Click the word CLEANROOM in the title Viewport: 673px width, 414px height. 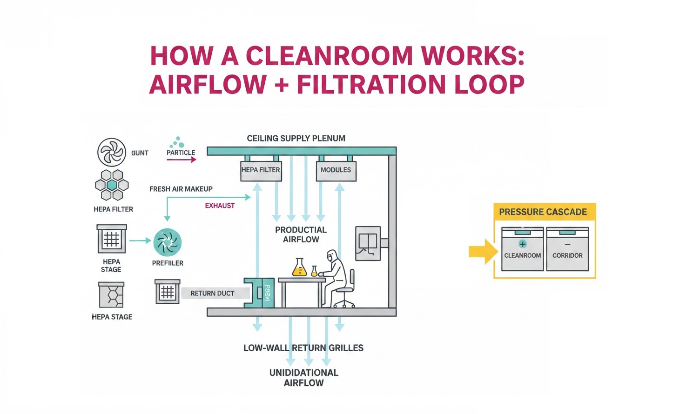pyautogui.click(x=329, y=56)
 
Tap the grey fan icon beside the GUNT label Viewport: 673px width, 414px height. pyautogui.click(x=112, y=152)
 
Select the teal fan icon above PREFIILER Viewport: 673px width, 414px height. pyautogui.click(x=168, y=242)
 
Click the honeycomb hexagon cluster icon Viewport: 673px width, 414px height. pyautogui.click(x=112, y=185)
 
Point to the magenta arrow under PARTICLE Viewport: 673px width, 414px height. pyautogui.click(x=182, y=160)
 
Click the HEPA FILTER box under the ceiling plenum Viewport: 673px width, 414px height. pyautogui.click(x=261, y=170)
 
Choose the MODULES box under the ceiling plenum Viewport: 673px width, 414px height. pyautogui.click(x=336, y=170)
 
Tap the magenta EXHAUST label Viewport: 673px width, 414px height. pyautogui.click(x=220, y=206)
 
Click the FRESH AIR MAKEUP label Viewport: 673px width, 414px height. pyautogui.click(x=181, y=189)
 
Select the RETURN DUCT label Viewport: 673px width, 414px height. pyautogui.click(x=212, y=293)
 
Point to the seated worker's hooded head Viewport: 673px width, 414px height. pyautogui.click(x=332, y=255)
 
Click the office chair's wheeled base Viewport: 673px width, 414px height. pyautogui.click(x=344, y=303)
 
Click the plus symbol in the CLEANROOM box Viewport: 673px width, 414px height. pyautogui.click(x=522, y=244)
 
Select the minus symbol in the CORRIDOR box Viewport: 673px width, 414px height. pyautogui.click(x=567, y=244)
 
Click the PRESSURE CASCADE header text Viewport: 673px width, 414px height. pyautogui.click(x=543, y=212)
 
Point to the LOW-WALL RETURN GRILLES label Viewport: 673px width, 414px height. pyautogui.click(x=303, y=348)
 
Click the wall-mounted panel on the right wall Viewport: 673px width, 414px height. pyautogui.click(x=368, y=243)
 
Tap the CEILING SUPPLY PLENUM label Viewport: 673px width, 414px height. pyautogui.click(x=296, y=138)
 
